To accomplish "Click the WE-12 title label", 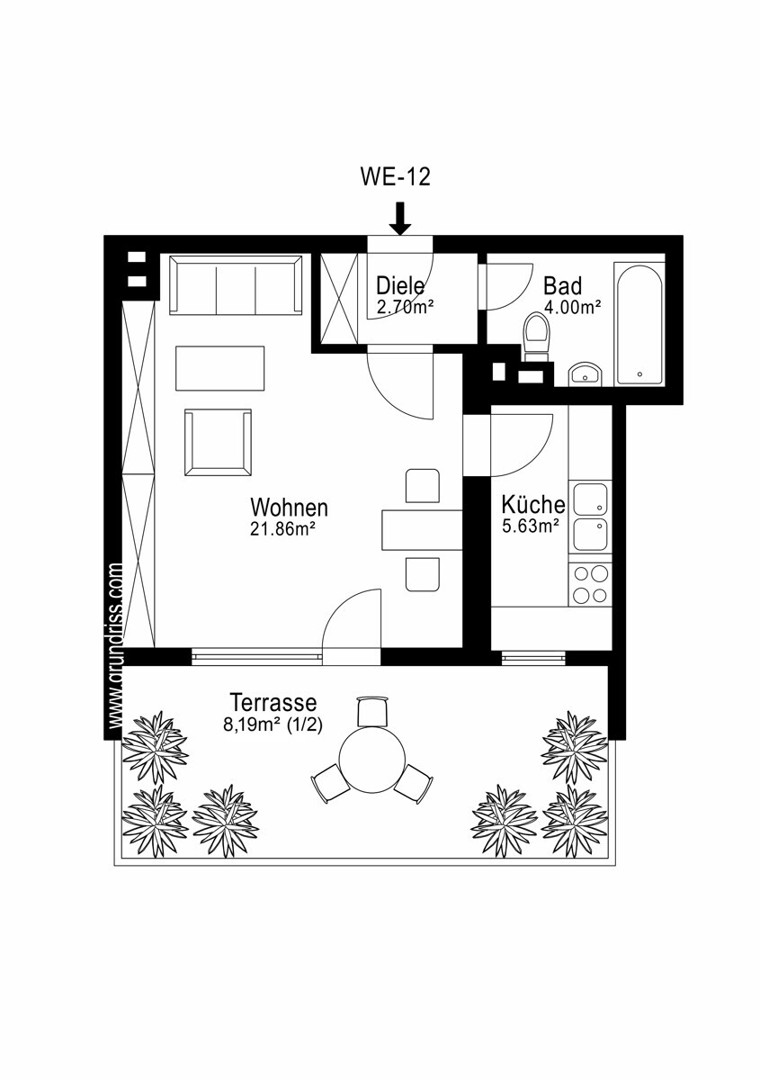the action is click(395, 177).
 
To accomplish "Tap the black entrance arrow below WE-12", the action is click(400, 219).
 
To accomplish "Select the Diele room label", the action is click(400, 285).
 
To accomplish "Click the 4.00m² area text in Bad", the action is click(573, 307).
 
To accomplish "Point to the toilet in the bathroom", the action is click(536, 337).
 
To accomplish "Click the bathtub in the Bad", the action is click(639, 323).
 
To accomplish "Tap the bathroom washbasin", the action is click(584, 374).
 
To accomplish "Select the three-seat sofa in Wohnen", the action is click(236, 285).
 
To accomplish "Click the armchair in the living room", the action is click(219, 442).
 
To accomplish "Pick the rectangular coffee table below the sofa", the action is click(220, 368).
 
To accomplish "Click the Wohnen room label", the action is click(289, 508).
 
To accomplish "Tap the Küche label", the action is click(533, 504).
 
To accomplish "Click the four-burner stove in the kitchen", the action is click(590, 584).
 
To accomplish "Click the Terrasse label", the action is click(273, 703).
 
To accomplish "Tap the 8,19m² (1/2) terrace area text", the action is click(273, 724).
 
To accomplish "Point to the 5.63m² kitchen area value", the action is click(531, 526).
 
